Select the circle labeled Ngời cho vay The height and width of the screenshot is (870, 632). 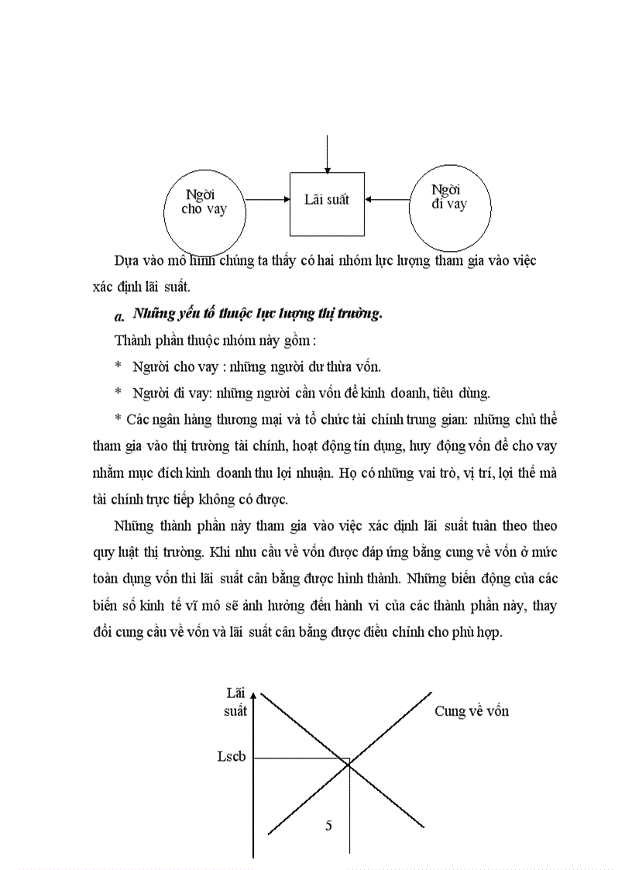click(204, 209)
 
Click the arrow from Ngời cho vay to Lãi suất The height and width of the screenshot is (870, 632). click(267, 200)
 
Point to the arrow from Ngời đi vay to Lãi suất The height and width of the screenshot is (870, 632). click(387, 200)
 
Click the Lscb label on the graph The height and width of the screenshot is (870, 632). click(232, 757)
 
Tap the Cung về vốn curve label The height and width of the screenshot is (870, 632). click(471, 711)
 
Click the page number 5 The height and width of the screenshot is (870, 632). click(328, 826)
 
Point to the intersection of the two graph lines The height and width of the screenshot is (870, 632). click(349, 765)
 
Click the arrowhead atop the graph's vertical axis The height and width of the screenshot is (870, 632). click(254, 695)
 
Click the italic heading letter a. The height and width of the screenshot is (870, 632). click(119, 316)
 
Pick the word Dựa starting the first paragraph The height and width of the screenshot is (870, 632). click(127, 261)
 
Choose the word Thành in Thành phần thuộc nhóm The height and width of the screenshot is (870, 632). click(132, 340)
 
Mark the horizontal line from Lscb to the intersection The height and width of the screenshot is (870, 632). click(301, 758)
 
